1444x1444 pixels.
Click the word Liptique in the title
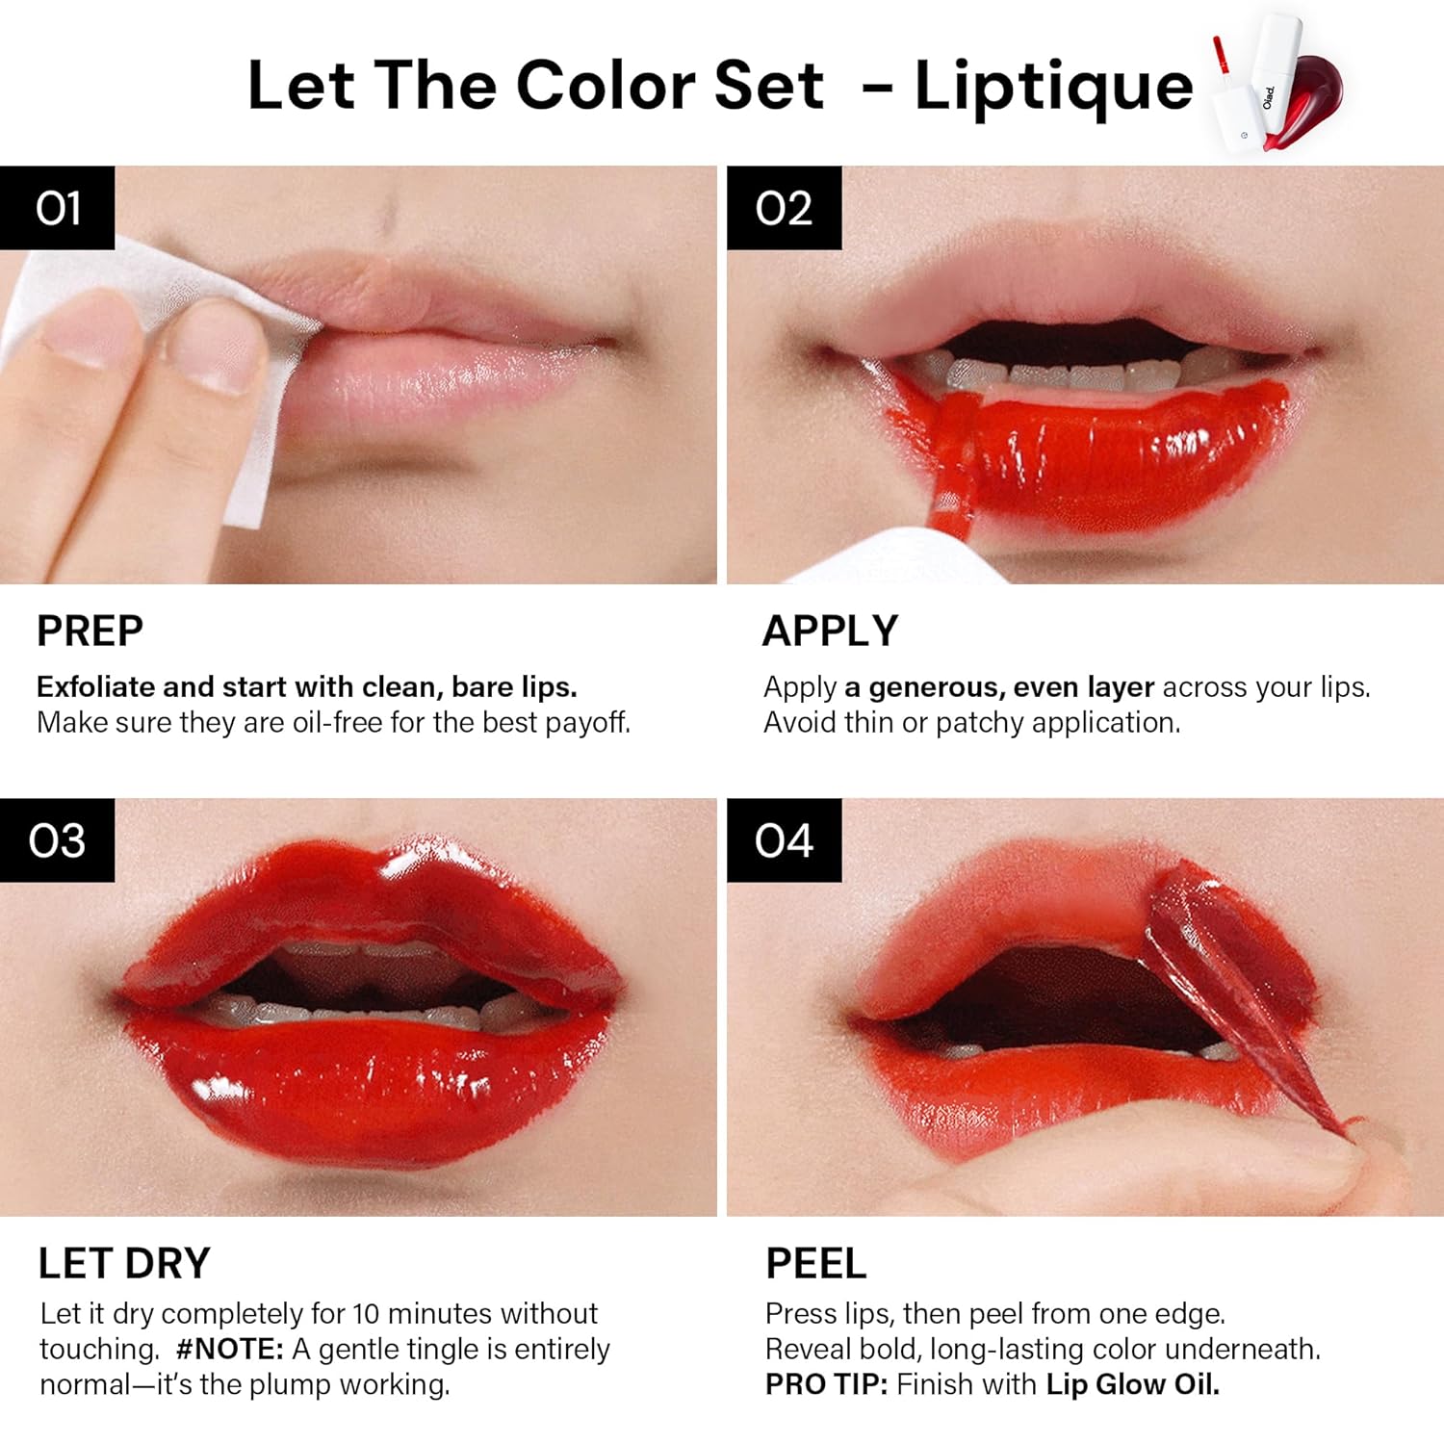[1053, 87]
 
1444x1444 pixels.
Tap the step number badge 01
[58, 208]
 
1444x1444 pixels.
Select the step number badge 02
[784, 208]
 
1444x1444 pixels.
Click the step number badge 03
[58, 839]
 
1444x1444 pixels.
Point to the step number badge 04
[784, 839]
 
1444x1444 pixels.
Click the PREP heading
[90, 632]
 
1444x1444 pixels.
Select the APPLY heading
[830, 632]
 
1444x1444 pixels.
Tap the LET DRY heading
[124, 1263]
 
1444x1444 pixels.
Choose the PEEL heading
[815, 1263]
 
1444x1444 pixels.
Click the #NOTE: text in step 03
[230, 1349]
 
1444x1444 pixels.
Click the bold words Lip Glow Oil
[1132, 1384]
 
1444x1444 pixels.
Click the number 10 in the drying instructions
[366, 1314]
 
